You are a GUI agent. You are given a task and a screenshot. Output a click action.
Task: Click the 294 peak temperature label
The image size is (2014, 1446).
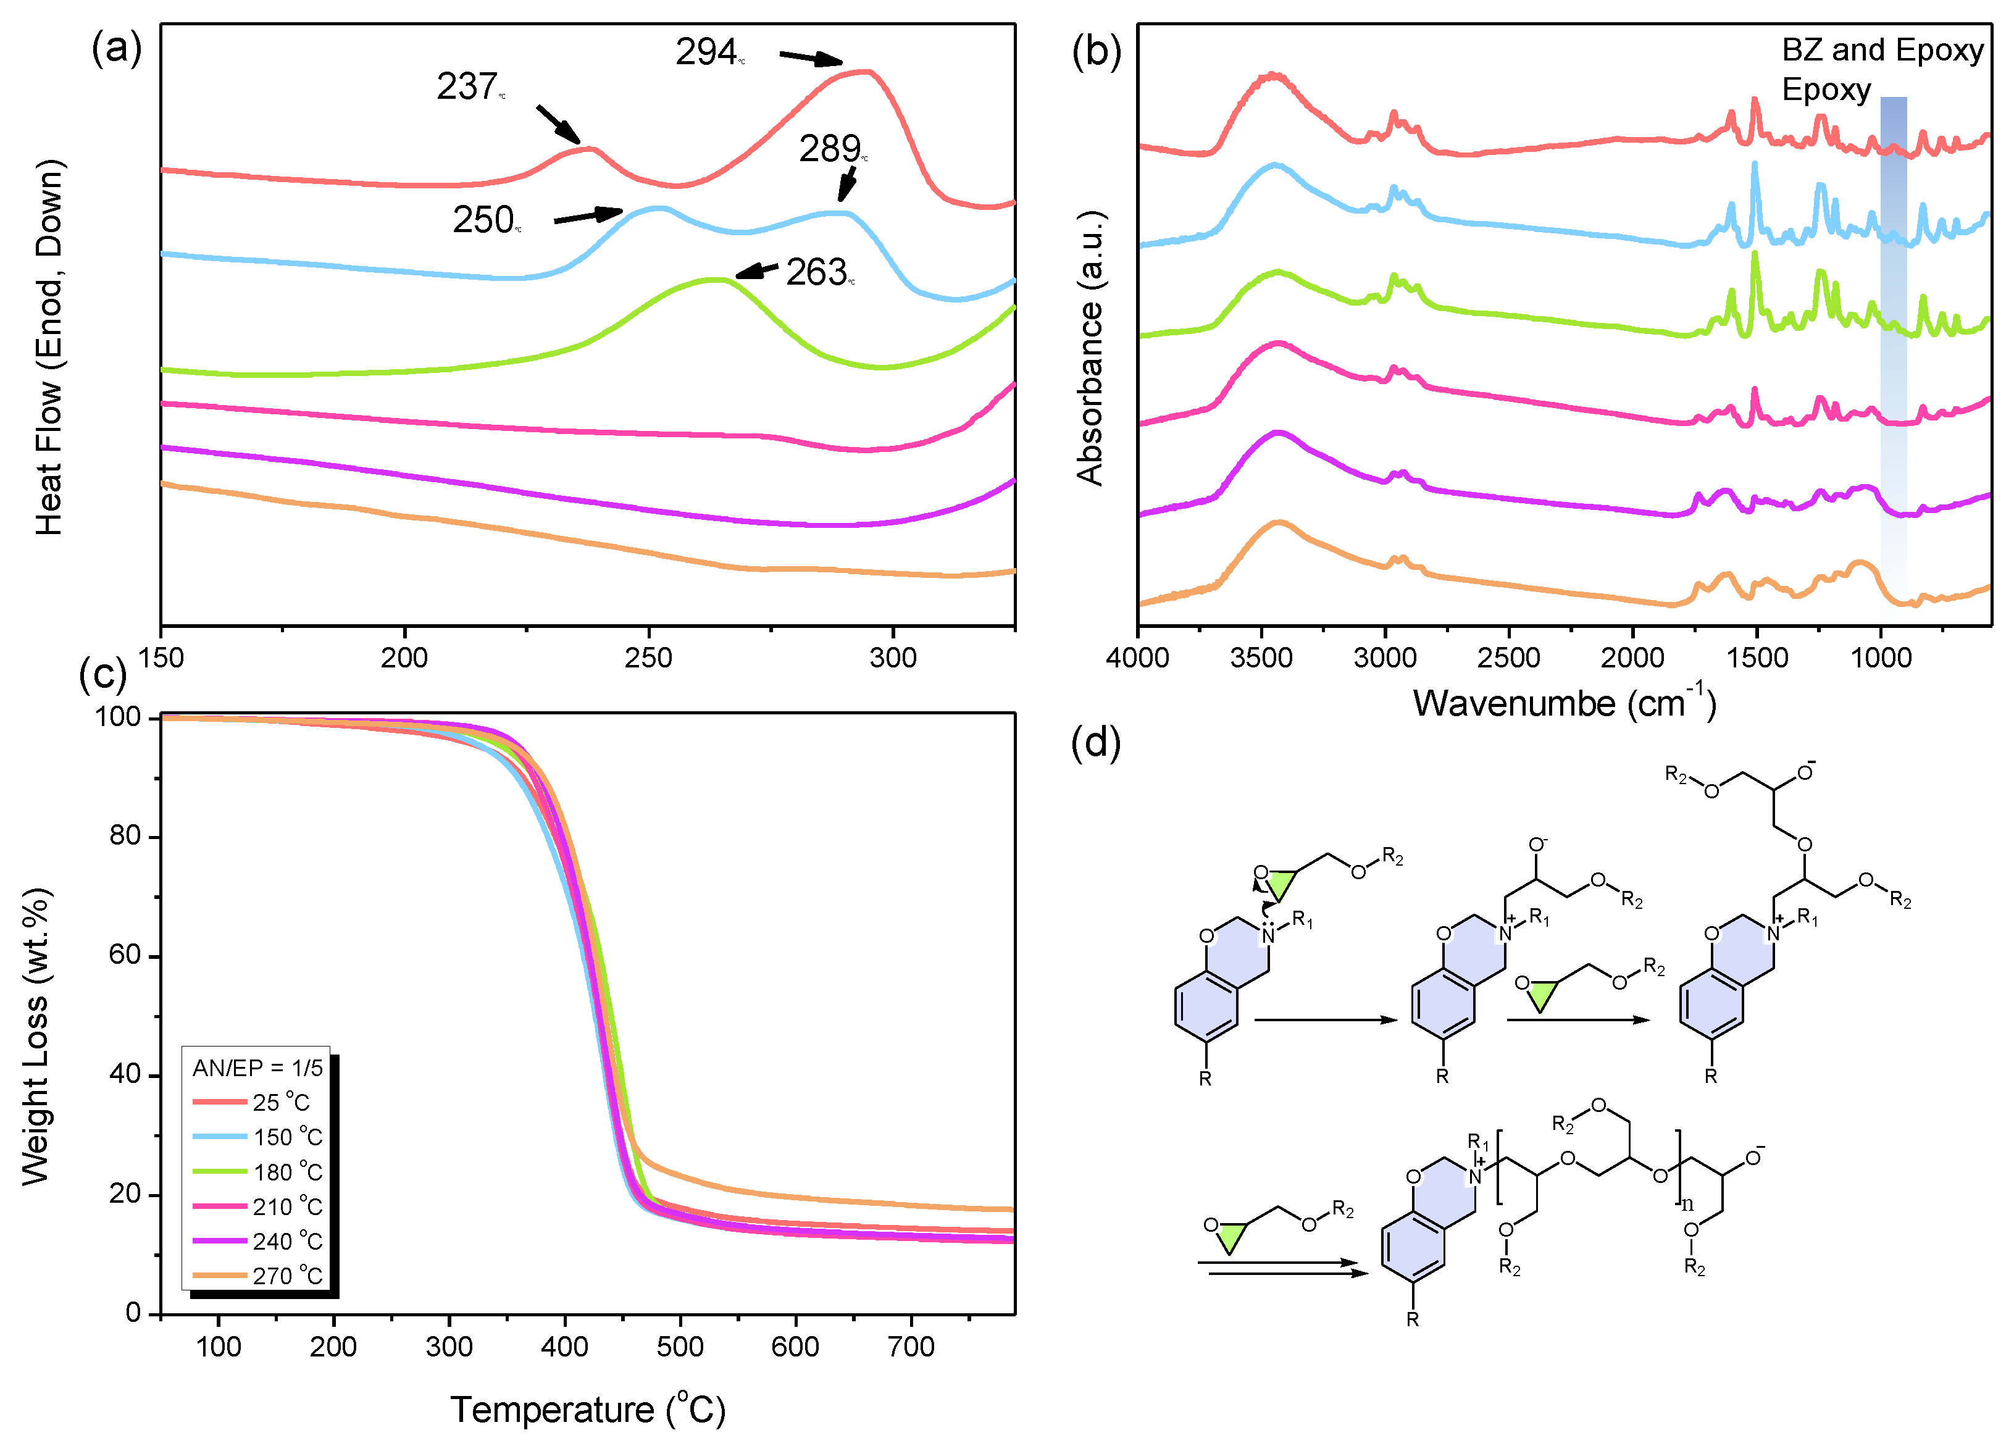coord(708,52)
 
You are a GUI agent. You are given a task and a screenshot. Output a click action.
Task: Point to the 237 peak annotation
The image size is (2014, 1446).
coord(469,87)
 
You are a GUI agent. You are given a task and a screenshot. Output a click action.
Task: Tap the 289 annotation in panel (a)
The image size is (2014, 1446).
coord(831,148)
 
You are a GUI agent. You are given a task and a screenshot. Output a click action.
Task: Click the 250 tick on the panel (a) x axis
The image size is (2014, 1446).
coord(648,658)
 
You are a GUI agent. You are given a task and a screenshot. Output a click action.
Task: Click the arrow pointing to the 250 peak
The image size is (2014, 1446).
coord(587,216)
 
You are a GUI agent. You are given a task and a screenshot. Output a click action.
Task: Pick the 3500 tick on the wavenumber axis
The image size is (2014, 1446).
coord(1261,658)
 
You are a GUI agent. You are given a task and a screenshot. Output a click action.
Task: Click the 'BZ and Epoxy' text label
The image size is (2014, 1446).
coord(1882,50)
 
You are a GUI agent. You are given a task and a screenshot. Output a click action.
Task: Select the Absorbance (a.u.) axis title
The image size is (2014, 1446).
coord(1090,348)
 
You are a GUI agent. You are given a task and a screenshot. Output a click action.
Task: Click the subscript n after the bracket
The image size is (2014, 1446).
coord(1687,1205)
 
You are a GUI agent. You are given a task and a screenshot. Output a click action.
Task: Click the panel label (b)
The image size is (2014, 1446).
coord(1096,51)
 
